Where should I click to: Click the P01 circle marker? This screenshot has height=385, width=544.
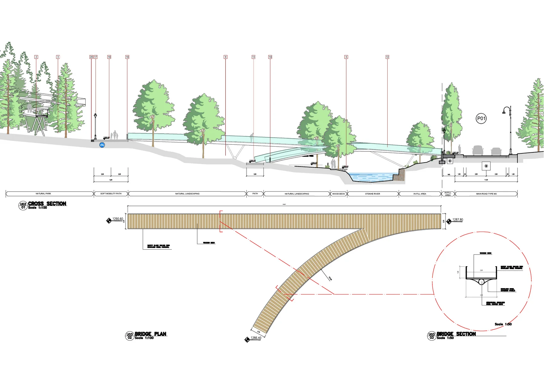[481, 118]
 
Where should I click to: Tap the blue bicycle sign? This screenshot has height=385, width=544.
[102, 145]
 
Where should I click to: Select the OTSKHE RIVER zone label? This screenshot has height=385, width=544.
[372, 194]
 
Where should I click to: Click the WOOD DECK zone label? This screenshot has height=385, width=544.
[339, 194]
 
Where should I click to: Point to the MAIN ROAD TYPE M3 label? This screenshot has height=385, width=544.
[486, 194]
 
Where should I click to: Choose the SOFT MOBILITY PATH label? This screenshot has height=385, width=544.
[111, 194]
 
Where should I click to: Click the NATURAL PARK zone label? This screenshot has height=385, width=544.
[43, 194]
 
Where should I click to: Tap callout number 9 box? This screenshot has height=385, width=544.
[225, 57]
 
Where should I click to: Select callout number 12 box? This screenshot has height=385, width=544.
[387, 57]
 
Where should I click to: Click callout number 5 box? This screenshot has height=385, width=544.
[346, 57]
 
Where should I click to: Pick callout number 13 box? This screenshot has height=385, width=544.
[254, 57]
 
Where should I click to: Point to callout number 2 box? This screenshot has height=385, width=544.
[36, 57]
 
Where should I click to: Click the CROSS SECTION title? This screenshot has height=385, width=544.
[47, 204]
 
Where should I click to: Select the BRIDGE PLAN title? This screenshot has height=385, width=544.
[150, 334]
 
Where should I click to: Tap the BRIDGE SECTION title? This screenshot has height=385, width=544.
[456, 334]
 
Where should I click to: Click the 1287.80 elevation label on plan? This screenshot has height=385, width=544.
[457, 220]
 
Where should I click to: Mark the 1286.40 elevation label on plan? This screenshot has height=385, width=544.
[256, 338]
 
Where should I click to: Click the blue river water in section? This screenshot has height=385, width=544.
[370, 177]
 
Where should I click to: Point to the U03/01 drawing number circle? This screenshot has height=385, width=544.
[23, 206]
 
